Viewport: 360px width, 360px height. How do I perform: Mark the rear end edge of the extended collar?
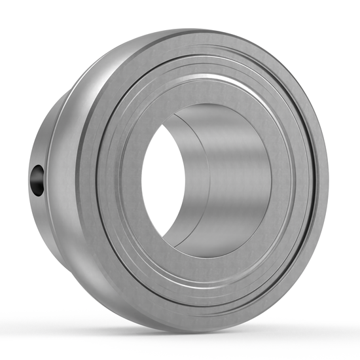coord(31,196)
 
